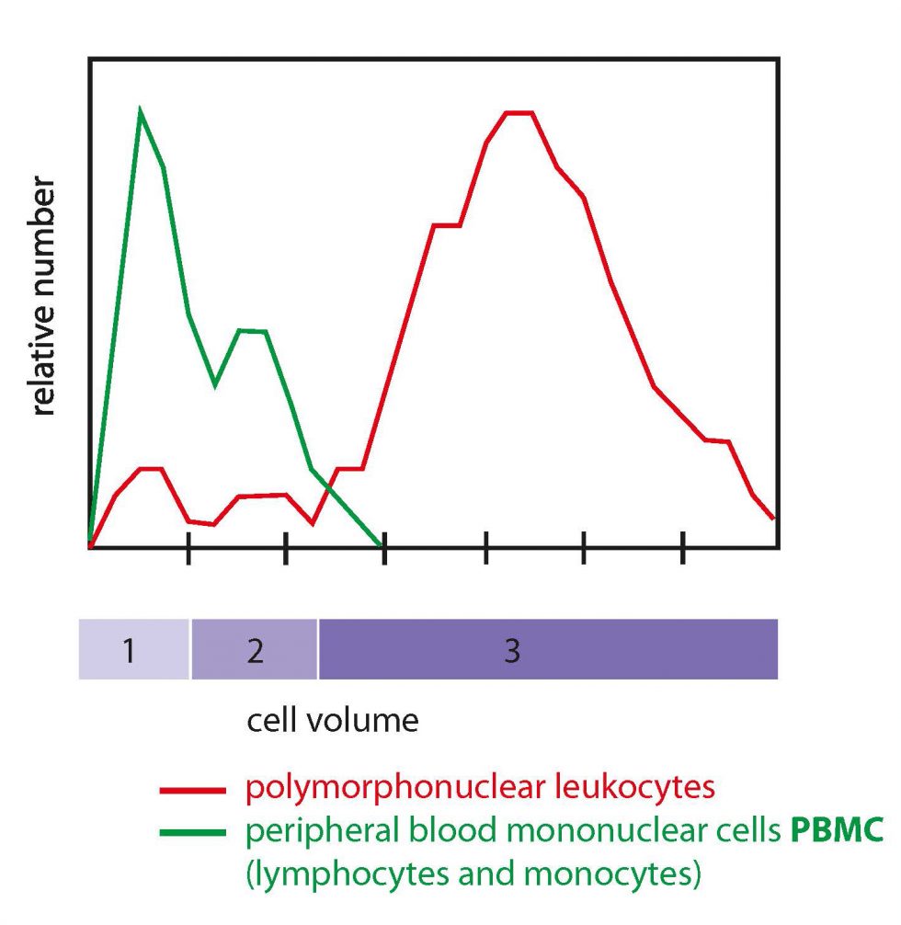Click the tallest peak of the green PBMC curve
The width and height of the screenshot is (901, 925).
[x=140, y=109]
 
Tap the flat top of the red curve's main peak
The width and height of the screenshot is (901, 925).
[x=519, y=113]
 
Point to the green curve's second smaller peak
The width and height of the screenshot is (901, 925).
[x=252, y=331]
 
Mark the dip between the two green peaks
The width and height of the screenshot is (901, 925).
[x=214, y=384]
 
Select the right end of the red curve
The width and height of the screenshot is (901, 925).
[x=773, y=518]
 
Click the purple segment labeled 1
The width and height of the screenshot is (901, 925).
[x=134, y=650]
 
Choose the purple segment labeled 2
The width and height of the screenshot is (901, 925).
[x=255, y=650]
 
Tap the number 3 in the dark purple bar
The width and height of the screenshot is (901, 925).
[x=512, y=650]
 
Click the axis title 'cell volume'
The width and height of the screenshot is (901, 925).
[x=332, y=720]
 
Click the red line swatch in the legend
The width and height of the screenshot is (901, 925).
[x=192, y=789]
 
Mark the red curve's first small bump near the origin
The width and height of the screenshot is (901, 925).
[x=150, y=469]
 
